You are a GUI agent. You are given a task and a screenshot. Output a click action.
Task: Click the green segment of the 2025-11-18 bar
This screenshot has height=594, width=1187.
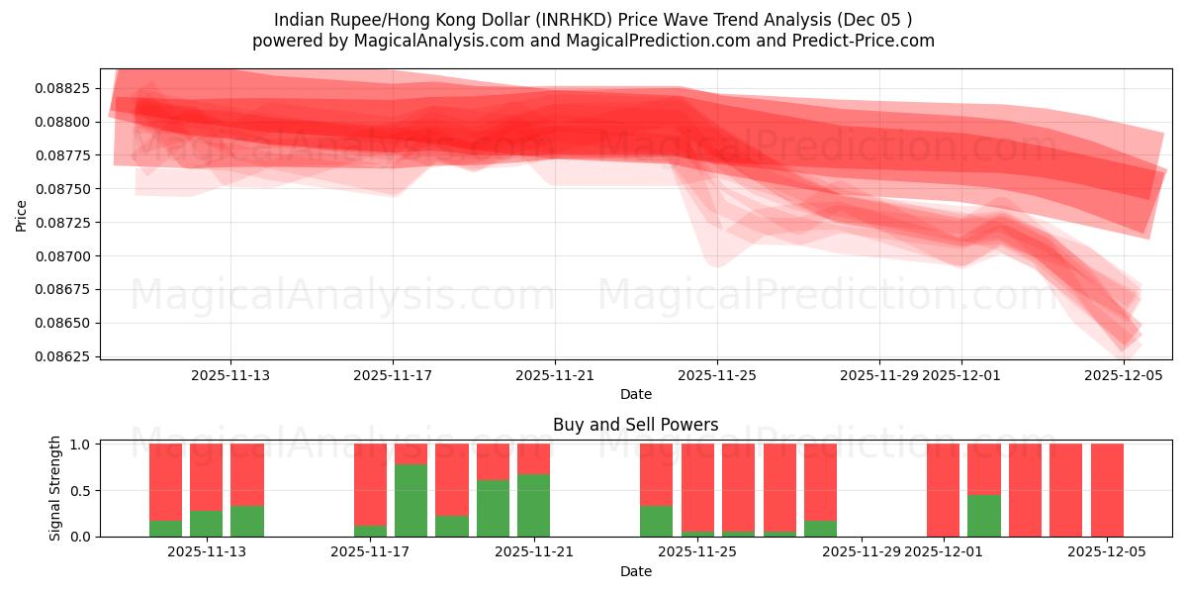coord(411,500)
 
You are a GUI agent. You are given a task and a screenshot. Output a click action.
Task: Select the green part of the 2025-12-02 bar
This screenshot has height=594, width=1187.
coord(984,516)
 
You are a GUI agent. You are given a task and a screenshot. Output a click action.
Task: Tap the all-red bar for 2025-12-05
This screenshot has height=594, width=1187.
coord(1107,490)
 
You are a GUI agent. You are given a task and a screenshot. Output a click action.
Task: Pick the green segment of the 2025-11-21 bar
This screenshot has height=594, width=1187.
coord(534,505)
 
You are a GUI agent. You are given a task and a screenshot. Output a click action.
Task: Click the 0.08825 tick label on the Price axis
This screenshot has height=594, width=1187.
coord(62,88)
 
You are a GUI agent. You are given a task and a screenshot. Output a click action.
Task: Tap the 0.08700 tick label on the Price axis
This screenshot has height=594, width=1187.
coord(62,256)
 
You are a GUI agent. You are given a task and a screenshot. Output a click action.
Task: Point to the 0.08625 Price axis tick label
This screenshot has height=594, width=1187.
coord(62,356)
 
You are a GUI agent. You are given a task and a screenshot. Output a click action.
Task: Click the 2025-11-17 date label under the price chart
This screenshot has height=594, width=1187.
coord(393,375)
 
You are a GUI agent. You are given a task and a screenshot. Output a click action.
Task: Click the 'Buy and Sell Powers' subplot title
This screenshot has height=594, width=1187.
coord(636,425)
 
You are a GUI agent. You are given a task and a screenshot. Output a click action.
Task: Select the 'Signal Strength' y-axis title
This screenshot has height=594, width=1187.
coord(55,488)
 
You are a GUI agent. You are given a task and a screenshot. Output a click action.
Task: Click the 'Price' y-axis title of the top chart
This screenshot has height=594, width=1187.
coord(22,215)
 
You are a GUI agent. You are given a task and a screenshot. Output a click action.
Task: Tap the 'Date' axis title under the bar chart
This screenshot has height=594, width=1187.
coord(636,571)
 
